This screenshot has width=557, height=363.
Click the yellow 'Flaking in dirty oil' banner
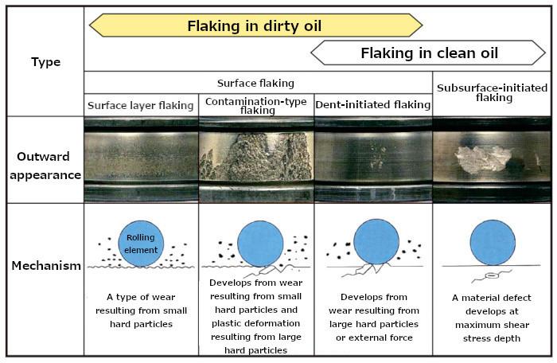pyautogui.click(x=255, y=25)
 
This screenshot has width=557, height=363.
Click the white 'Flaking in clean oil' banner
pyautogui.click(x=428, y=53)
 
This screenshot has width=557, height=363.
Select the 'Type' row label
pyautogui.click(x=46, y=62)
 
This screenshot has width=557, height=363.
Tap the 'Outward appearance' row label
pyautogui.click(x=45, y=166)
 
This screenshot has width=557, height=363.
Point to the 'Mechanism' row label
pyautogui.click(x=46, y=266)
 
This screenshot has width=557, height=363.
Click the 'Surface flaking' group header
pyautogui.click(x=255, y=84)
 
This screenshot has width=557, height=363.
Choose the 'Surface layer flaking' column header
pyautogui.click(x=141, y=106)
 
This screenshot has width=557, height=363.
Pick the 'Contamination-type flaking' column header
pyautogui.click(x=256, y=106)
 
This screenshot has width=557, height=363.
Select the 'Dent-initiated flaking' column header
pyautogui.click(x=373, y=104)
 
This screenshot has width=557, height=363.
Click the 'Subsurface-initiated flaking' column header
pyautogui.click(x=493, y=92)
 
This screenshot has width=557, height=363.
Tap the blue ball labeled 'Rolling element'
pyautogui.click(x=141, y=244)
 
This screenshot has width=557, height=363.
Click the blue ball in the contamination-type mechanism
pyautogui.click(x=260, y=244)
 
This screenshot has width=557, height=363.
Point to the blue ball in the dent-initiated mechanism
pyautogui.click(x=376, y=242)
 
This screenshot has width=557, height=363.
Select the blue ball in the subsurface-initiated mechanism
pyautogui.click(x=493, y=243)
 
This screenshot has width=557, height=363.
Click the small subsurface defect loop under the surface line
pyautogui.click(x=492, y=275)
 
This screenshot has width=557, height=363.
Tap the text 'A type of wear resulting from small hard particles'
pyautogui.click(x=141, y=310)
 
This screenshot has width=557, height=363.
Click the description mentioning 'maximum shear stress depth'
pyautogui.click(x=492, y=318)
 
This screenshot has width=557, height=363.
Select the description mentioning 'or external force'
pyautogui.click(x=374, y=317)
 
